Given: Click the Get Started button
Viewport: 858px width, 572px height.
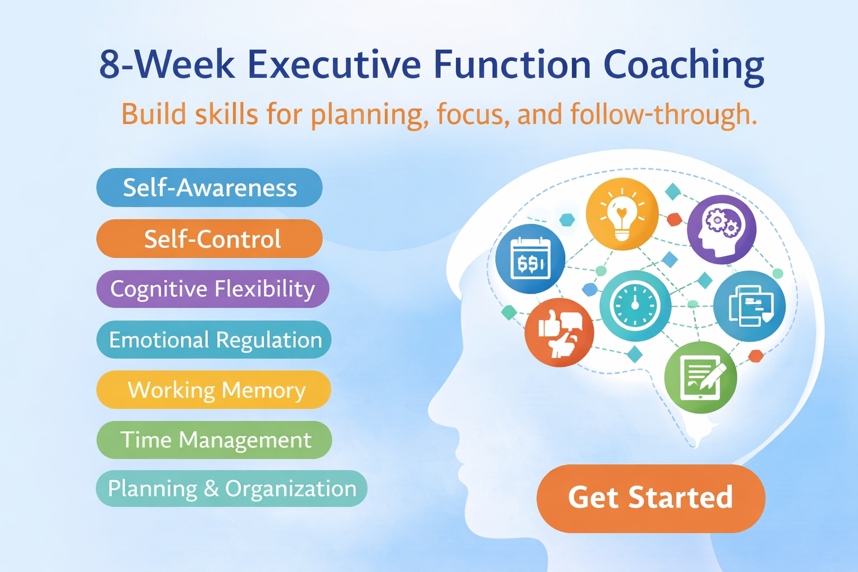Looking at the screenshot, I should tap(650, 498).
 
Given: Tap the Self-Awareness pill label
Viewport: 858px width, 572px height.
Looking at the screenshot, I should tap(209, 188).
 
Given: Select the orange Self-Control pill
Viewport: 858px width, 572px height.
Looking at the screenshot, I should tap(209, 239).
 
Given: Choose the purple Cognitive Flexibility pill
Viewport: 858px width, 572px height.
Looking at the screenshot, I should tap(212, 289).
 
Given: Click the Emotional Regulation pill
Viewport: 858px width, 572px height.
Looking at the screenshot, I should tap(214, 340).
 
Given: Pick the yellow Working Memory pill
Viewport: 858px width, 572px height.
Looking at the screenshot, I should tap(214, 389).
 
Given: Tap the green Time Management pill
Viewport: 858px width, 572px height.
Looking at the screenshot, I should tap(214, 440).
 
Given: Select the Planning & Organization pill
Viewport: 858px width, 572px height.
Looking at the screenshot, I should tap(231, 489).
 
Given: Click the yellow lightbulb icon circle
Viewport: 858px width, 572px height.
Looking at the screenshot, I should tap(622, 214).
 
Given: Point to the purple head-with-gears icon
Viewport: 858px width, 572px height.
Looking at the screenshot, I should tap(721, 229).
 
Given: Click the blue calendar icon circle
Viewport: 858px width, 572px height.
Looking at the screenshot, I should tap(530, 259).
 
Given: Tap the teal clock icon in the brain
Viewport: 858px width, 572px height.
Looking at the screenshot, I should tap(635, 306).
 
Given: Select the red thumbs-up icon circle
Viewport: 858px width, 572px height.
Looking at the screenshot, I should tap(559, 332).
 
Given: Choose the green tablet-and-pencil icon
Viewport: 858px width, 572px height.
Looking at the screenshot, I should tap(700, 378).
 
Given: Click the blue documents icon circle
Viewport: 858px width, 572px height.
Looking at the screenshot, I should tap(750, 306).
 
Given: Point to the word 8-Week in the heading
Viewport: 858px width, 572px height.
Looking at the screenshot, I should tap(167, 65).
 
